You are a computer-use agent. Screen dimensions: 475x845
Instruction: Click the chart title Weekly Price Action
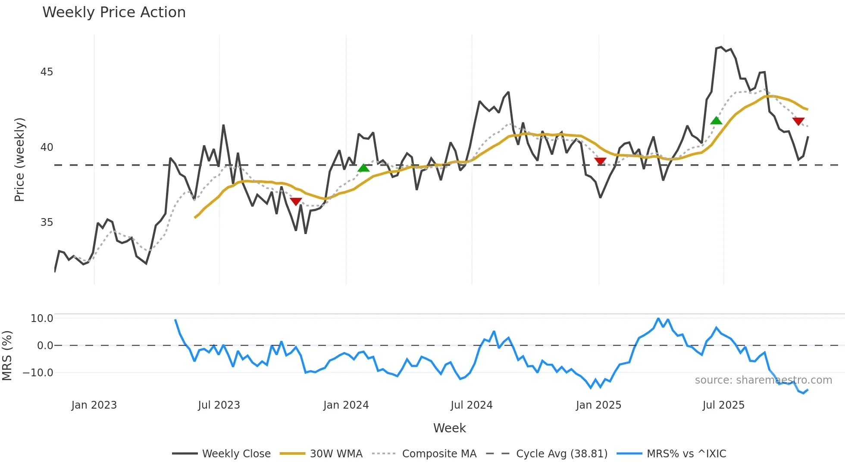114,12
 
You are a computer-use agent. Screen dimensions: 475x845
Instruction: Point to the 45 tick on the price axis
47,72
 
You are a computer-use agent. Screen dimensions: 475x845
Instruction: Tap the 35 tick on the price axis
47,222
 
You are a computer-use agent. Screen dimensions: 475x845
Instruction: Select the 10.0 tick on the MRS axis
42,319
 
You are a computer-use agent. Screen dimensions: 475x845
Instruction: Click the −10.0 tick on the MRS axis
38,373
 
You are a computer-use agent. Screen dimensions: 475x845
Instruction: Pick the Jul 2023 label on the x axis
219,405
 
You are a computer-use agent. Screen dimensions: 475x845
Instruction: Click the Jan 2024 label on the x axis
346,405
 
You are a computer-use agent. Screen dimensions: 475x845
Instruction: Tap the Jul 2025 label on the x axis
723,405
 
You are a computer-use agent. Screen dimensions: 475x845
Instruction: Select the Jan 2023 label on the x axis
94,405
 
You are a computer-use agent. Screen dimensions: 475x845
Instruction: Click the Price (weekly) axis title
19,159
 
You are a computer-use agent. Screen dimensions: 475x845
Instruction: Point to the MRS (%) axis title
7,356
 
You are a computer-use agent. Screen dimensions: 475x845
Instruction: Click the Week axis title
449,428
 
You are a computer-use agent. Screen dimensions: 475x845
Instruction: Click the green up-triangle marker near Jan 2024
363,168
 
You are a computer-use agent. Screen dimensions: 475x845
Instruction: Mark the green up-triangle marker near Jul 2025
716,121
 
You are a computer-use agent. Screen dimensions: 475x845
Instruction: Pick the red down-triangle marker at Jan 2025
600,161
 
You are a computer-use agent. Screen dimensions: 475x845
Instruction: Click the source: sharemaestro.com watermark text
763,380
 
